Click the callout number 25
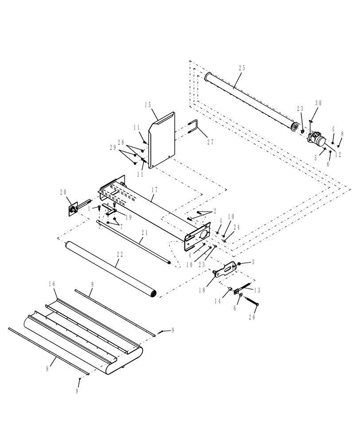pyautogui.click(x=242, y=68)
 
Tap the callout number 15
pyautogui.click(x=149, y=105)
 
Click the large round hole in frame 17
pyautogui.click(x=205, y=233)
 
